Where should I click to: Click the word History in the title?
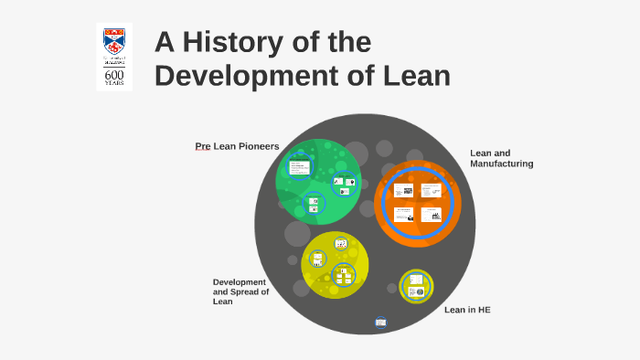tap(232, 42)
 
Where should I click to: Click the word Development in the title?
tap(230, 75)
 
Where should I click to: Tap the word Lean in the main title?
tap(416, 75)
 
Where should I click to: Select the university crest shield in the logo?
tap(114, 41)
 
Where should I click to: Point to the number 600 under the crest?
tap(114, 74)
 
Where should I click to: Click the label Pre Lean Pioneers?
tap(237, 146)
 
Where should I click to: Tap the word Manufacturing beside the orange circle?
tap(501, 164)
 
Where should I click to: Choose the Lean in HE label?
tap(467, 310)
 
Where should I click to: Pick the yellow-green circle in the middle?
tap(335, 265)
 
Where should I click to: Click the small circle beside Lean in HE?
tap(416, 286)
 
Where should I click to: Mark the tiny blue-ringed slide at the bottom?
tap(380, 322)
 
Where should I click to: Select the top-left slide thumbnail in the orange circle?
tap(403, 191)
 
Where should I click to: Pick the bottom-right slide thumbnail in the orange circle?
tap(431, 214)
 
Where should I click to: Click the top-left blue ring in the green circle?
tap(299, 166)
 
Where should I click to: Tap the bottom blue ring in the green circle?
tap(314, 205)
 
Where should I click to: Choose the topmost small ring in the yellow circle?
tap(341, 243)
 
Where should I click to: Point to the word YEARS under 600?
tap(114, 83)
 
